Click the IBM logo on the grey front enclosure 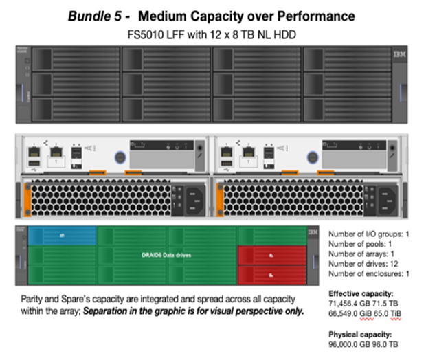pyautogui.click(x=399, y=53)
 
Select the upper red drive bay pyautogui.click(x=271, y=256)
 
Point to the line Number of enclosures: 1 pyautogui.click(x=368, y=273)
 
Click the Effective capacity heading pyautogui.click(x=359, y=293)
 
